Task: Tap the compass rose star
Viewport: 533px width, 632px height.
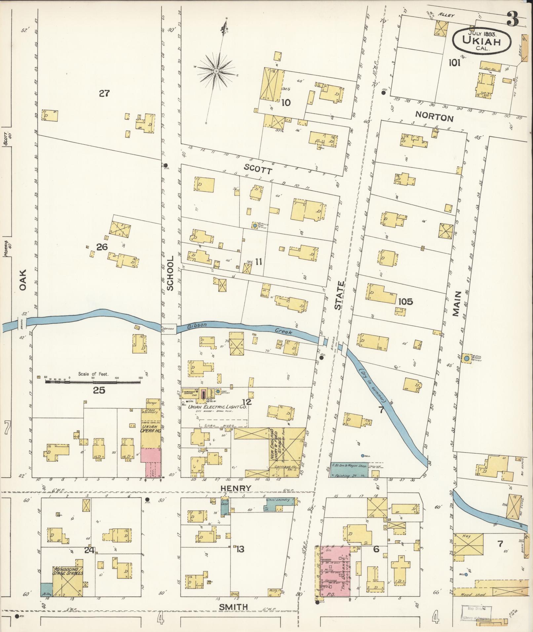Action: pyautogui.click(x=216, y=71)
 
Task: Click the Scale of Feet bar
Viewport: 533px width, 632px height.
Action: pyautogui.click(x=93, y=382)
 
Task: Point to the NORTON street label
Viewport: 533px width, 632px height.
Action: pyautogui.click(x=434, y=117)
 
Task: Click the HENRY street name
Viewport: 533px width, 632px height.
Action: pyautogui.click(x=241, y=488)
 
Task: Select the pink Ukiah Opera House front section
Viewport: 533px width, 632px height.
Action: pyautogui.click(x=151, y=463)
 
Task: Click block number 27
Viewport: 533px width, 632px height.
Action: pyautogui.click(x=104, y=93)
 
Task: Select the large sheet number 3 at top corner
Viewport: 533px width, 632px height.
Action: pyautogui.click(x=512, y=19)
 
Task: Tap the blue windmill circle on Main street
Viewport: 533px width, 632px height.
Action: pyautogui.click(x=466, y=358)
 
